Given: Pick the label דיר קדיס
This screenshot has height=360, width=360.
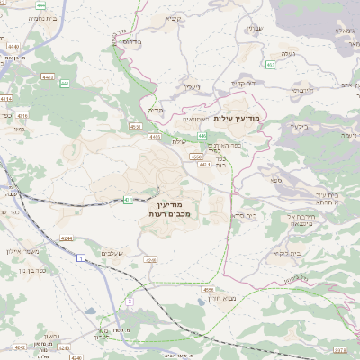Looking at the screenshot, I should pos(244,84).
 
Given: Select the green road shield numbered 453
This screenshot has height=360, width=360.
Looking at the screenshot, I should pos(271,65).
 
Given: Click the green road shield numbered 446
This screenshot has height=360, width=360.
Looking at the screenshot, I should pos(191,135).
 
